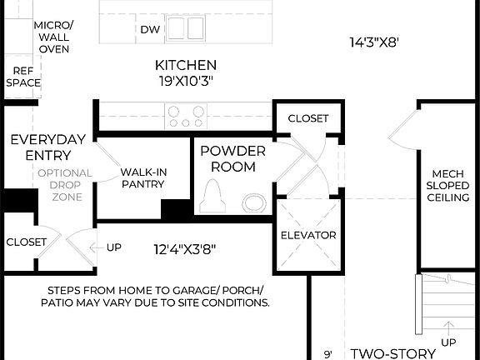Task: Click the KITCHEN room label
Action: click(x=186, y=65)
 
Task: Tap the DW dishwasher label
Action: click(x=150, y=30)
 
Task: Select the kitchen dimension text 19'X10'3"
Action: click(x=186, y=82)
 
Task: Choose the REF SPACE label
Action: click(x=23, y=77)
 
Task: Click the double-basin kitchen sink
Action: click(x=185, y=28)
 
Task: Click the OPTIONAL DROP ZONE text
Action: click(x=59, y=185)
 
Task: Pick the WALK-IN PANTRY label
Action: click(x=142, y=178)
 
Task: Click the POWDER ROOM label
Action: click(x=232, y=158)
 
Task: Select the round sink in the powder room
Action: click(x=252, y=202)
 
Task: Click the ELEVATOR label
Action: click(x=308, y=235)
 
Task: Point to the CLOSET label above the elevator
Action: click(x=307, y=119)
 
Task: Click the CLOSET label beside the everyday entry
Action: click(x=27, y=242)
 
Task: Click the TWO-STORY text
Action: click(x=392, y=353)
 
